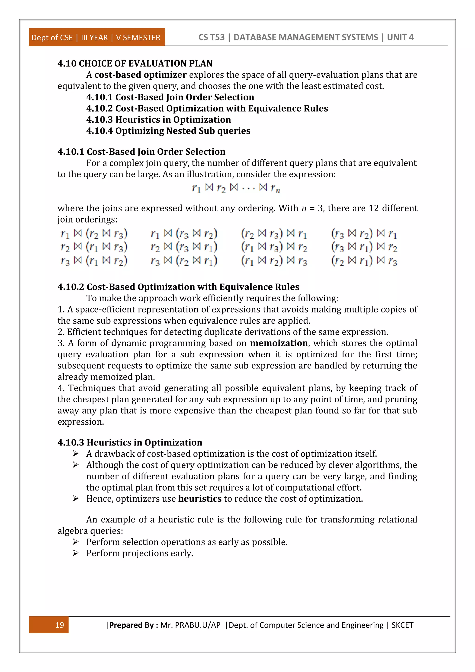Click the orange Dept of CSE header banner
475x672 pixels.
click(96, 37)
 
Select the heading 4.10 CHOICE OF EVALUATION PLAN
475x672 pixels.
click(135, 64)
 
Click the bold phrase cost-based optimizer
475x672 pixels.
click(140, 75)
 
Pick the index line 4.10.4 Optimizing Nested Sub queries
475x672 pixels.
click(168, 131)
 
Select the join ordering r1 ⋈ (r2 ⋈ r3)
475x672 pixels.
click(94, 234)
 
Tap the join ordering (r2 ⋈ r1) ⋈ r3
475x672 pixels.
click(364, 261)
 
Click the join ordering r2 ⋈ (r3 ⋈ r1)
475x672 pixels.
click(184, 247)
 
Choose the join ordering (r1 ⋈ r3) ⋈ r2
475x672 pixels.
click(274, 247)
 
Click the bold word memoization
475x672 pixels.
click(279, 343)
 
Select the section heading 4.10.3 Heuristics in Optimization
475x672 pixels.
click(130, 442)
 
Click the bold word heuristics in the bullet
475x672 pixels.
click(200, 498)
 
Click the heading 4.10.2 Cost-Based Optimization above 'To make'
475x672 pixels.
click(178, 287)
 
